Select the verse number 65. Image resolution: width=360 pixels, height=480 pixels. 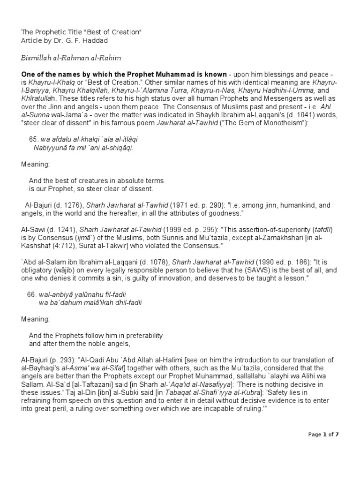point(33,140)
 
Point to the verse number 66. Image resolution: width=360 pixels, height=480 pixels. point(33,294)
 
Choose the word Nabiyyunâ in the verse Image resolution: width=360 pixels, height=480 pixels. point(50,148)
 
